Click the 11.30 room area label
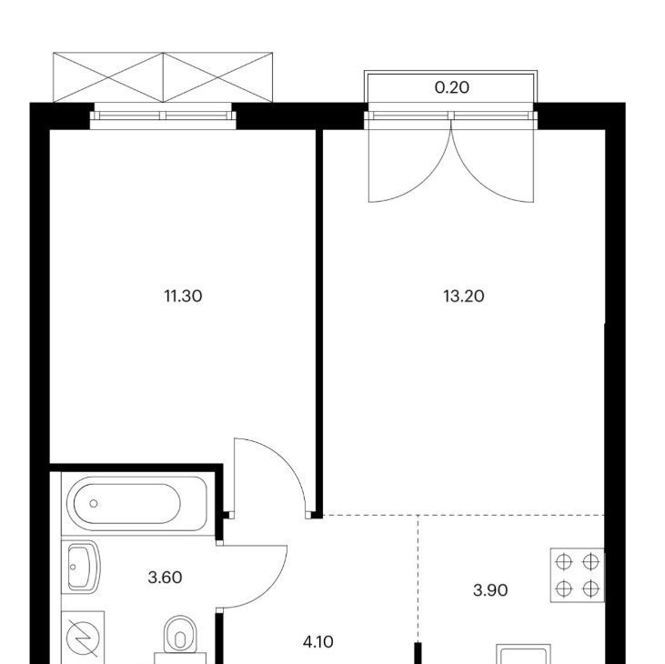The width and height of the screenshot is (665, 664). (x=183, y=296)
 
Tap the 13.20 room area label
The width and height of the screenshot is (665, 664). (x=464, y=296)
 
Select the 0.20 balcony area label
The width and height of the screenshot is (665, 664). (x=452, y=87)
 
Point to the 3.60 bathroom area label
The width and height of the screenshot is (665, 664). (x=165, y=577)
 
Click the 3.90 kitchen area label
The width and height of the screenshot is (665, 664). (x=490, y=589)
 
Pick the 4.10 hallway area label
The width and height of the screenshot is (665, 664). (x=318, y=642)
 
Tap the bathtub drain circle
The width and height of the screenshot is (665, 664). (x=94, y=503)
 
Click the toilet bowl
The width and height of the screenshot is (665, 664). (x=181, y=635)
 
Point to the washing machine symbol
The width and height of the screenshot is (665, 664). (x=83, y=638)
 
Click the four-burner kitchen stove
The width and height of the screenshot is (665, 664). (x=577, y=576)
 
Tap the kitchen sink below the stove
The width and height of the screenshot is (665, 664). (x=524, y=654)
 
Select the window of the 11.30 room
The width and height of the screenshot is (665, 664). (x=163, y=116)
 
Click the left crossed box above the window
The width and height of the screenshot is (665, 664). (x=108, y=77)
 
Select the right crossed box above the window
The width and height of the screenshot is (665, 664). (x=218, y=77)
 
